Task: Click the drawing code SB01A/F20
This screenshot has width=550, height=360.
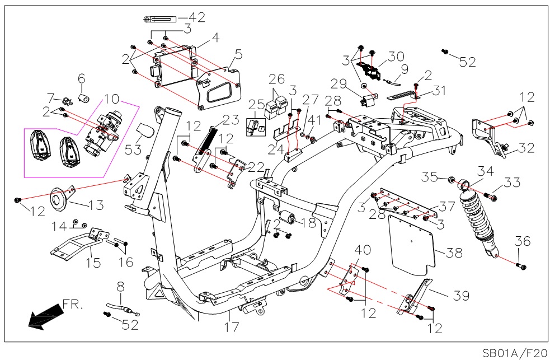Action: [514, 353]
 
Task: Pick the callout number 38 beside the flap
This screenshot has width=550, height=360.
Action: [454, 253]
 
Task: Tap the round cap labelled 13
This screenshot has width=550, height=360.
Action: [58, 199]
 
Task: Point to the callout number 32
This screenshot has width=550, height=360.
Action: [526, 148]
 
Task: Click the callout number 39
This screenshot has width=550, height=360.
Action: [460, 295]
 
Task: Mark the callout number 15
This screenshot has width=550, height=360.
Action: [93, 263]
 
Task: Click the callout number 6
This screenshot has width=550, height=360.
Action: [81, 78]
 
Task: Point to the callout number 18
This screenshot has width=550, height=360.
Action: [308, 222]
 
